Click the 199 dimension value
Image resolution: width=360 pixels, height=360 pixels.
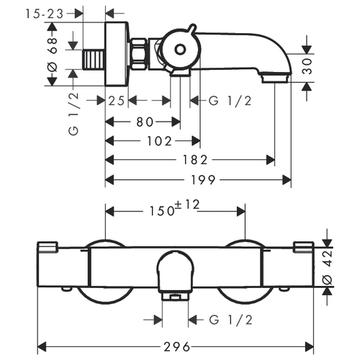click(203, 180)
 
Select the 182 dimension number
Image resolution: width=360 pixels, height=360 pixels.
click(195, 160)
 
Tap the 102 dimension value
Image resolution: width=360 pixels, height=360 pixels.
click(160, 141)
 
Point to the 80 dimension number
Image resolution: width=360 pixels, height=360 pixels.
click(145, 122)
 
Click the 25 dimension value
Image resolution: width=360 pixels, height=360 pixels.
click(117, 101)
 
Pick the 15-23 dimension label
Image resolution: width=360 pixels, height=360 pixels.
click(45, 14)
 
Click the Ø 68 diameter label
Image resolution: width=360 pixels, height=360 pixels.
click(53, 55)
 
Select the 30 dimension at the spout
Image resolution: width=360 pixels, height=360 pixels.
click(307, 66)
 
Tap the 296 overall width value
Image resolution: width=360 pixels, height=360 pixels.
click(177, 347)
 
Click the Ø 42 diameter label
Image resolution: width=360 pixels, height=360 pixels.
click(328, 267)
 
